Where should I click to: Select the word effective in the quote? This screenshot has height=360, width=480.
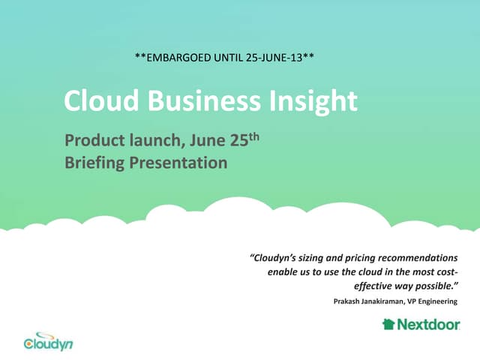pyautogui.click(x=374, y=286)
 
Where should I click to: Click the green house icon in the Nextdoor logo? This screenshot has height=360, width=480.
pyautogui.click(x=388, y=324)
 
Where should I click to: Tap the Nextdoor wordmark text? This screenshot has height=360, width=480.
pyautogui.click(x=427, y=325)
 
